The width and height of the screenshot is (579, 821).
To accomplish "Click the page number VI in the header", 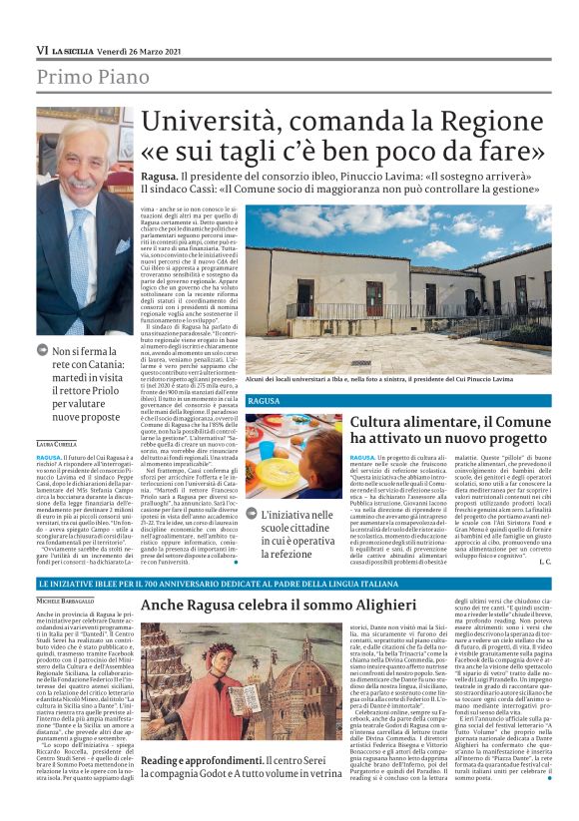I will coord(42,49).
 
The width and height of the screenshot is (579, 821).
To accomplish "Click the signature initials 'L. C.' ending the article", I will coord(543,562).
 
